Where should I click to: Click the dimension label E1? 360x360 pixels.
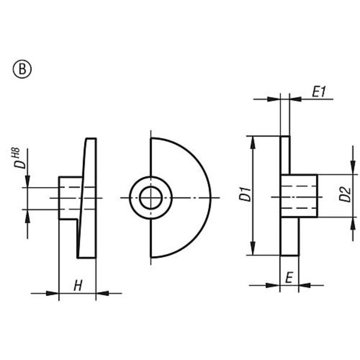point(318,92)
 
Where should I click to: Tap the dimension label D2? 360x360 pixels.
point(344,196)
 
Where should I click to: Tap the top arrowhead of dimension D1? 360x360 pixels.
point(254,142)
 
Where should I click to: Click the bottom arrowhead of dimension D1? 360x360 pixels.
point(254,252)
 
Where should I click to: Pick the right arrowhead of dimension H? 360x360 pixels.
point(102,293)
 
